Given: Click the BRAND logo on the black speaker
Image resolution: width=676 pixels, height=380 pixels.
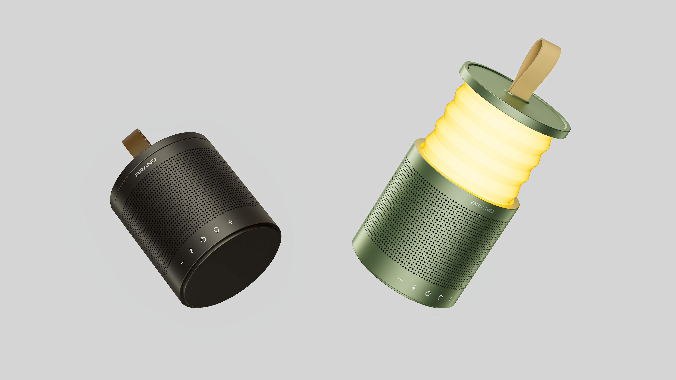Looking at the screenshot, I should click(x=146, y=167).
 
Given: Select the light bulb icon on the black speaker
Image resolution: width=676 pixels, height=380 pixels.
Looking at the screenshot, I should click(x=216, y=230).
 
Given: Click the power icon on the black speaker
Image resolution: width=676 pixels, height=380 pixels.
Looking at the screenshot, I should click(x=203, y=239).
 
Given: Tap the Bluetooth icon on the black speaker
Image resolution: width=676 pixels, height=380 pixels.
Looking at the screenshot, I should click(x=191, y=251).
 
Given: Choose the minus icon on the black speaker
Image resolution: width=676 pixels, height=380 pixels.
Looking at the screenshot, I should click(x=182, y=262).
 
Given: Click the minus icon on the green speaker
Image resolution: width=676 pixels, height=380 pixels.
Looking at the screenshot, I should click(x=400, y=280).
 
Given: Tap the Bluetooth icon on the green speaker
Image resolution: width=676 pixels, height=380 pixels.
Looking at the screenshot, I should click(x=414, y=287).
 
